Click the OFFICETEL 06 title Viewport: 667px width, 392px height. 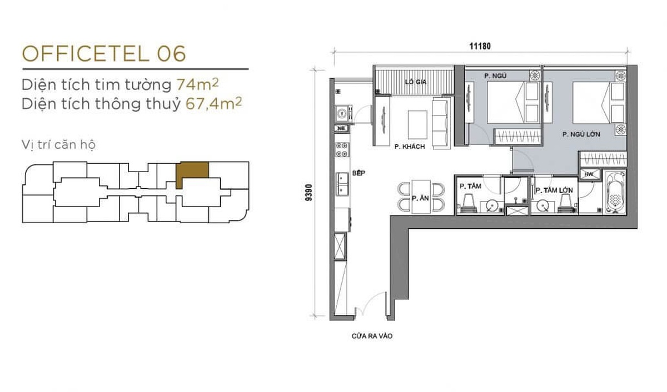click(104, 54)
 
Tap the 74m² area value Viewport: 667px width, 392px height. click(197, 84)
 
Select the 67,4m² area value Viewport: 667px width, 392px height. click(213, 103)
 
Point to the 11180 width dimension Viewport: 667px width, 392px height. click(480, 46)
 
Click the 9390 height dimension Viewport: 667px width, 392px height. click(309, 193)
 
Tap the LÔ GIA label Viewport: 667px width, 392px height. click(416, 82)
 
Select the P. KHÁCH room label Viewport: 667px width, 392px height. click(410, 147)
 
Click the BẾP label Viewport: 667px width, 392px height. click(359, 173)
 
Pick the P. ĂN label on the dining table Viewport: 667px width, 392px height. click(420, 198)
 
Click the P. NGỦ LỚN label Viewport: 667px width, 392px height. click(581, 134)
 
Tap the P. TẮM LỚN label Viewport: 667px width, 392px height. click(554, 190)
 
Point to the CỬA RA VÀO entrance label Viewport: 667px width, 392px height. click(372, 336)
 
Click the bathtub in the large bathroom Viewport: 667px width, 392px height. click(616, 193)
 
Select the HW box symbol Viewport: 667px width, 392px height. click(590, 174)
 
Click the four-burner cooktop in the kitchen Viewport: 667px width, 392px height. click(342, 149)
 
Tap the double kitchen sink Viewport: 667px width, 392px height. click(342, 184)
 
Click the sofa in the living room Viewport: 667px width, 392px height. click(441, 123)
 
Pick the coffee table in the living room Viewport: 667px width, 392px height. click(417, 125)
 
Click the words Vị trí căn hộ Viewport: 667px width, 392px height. click(59, 145)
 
